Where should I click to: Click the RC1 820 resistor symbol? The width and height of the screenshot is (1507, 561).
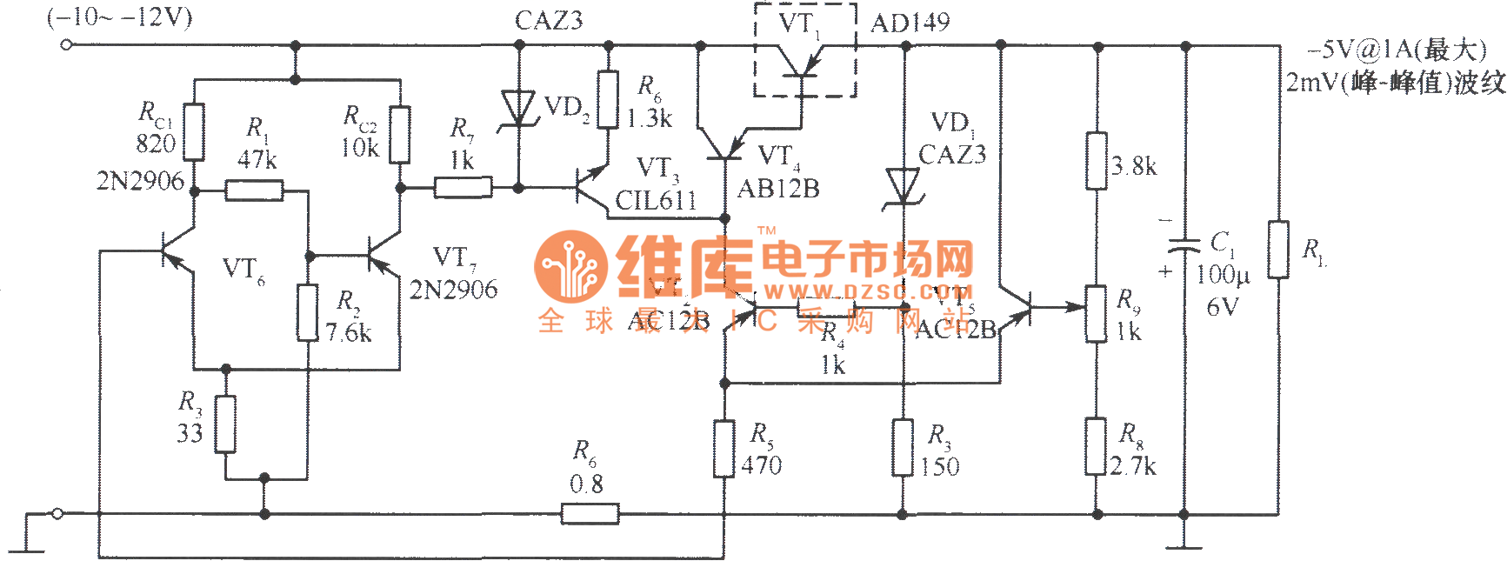click(194, 132)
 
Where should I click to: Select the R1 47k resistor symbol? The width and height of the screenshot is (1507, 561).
click(254, 190)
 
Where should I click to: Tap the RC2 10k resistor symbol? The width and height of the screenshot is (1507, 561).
click(400, 134)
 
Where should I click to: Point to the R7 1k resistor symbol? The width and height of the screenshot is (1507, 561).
click(463, 187)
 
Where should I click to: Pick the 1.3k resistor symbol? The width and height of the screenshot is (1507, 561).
click(608, 100)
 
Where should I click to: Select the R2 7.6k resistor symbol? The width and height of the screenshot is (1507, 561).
click(307, 312)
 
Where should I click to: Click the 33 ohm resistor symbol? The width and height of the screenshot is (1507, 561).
click(225, 424)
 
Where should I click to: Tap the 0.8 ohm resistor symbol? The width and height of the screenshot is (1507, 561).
click(590, 514)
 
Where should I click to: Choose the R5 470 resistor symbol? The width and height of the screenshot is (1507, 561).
click(723, 449)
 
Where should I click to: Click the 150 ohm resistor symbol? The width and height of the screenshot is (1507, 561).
click(904, 448)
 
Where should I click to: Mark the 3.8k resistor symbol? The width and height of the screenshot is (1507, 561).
click(1097, 161)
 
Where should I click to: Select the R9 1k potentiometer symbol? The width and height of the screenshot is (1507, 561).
click(1097, 313)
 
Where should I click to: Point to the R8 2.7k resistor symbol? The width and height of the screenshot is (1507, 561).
click(1097, 446)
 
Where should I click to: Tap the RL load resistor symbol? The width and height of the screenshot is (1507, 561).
click(1278, 250)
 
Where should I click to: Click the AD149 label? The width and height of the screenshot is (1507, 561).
click(910, 23)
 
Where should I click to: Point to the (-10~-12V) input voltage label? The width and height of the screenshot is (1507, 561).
click(120, 18)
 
